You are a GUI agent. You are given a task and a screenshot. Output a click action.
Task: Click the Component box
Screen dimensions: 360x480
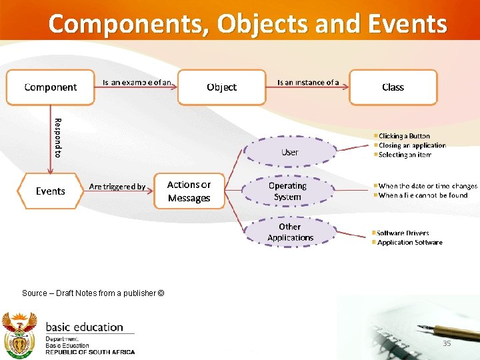click(51, 87)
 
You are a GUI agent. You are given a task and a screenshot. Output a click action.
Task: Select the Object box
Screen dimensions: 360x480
click(221, 87)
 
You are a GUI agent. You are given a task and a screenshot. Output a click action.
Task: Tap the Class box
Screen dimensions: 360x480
click(393, 87)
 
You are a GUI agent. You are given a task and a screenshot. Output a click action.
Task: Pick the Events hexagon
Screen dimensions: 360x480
click(51, 191)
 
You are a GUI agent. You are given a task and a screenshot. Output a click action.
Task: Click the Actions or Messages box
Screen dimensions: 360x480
click(189, 191)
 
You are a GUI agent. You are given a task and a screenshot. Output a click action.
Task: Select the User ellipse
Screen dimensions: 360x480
click(289, 152)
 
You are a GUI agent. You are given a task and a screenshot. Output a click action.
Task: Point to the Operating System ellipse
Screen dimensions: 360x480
click(287, 191)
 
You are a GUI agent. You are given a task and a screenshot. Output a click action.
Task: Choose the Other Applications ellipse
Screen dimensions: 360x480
click(290, 232)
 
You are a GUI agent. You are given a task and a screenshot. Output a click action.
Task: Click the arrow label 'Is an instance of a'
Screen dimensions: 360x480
click(308, 83)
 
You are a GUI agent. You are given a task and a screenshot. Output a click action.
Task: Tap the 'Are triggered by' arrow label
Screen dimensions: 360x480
click(117, 187)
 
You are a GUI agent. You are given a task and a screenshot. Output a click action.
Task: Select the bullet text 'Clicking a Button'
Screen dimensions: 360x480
click(404, 136)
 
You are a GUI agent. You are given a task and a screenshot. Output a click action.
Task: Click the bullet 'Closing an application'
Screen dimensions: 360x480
click(411, 145)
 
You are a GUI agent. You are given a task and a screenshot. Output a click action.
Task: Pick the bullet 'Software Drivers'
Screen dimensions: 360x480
click(403, 233)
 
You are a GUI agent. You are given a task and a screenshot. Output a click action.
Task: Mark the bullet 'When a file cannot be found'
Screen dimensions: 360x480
click(423, 195)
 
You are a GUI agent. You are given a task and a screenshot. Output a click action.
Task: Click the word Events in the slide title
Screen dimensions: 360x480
click(407, 24)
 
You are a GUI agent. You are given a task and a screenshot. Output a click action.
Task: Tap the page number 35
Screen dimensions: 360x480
click(447, 343)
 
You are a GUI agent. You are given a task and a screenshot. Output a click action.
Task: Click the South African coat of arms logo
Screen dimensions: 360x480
click(19, 335)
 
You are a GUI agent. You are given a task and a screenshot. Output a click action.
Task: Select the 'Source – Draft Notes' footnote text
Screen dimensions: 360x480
click(93, 293)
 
